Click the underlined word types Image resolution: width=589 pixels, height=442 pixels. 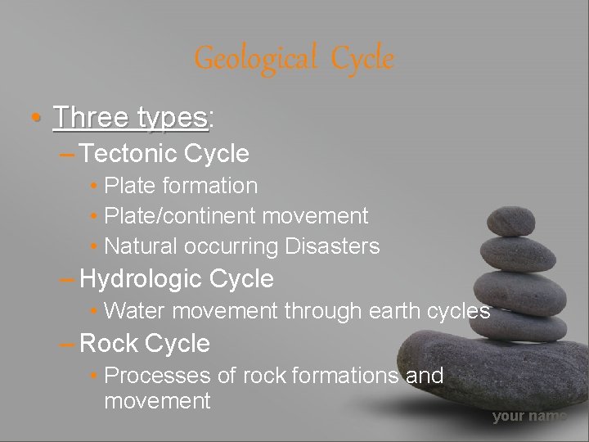pos(173,119)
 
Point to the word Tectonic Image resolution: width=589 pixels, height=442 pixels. pos(131,153)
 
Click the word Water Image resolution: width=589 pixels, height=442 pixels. pos(136,311)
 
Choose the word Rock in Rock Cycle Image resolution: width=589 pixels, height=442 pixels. pos(109,344)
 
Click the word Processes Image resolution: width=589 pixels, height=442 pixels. pos(160,376)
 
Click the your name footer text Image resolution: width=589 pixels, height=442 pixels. pos(528,417)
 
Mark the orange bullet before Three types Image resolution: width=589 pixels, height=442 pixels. pos(32,120)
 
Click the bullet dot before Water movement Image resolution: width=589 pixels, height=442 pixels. pos(96,312)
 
